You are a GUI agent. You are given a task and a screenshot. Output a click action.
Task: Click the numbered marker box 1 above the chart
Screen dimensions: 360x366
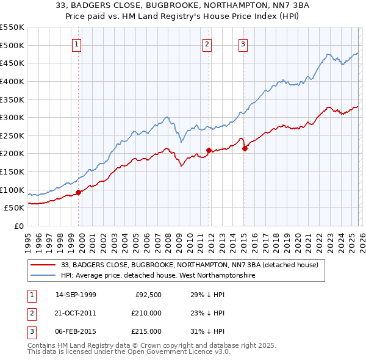(77, 43)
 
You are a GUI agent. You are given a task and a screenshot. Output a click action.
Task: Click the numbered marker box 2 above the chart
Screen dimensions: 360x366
(207, 43)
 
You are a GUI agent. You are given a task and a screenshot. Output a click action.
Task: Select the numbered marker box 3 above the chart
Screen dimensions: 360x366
(243, 43)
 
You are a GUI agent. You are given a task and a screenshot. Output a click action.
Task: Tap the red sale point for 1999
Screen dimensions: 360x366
(78, 192)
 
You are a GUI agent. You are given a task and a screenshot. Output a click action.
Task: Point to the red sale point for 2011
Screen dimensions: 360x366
(209, 150)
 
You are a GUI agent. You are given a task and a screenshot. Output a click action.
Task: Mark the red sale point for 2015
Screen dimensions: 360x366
(245, 148)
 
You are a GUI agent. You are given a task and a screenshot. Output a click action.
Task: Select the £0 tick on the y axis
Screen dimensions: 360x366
(20, 226)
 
